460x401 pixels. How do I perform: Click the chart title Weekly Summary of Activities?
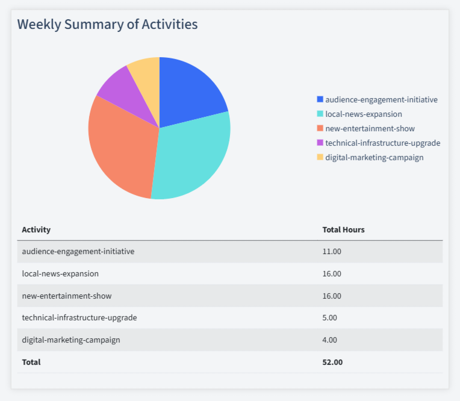(x=107, y=25)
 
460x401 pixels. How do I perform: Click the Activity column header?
(x=36, y=229)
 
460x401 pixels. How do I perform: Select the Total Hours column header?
(x=343, y=229)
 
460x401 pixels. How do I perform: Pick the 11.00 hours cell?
(x=332, y=252)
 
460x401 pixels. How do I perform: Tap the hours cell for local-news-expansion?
(x=332, y=273)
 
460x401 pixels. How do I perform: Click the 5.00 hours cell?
(x=330, y=317)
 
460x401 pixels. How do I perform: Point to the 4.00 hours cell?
(x=330, y=340)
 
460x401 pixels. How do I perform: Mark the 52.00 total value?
(x=332, y=362)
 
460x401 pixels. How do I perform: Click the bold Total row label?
(x=31, y=362)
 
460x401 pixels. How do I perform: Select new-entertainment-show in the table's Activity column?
(x=67, y=296)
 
